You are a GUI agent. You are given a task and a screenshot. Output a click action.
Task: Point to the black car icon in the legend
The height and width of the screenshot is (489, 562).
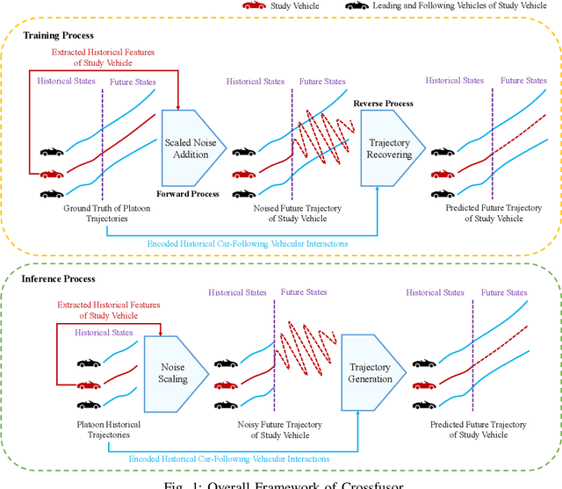pos(357,6)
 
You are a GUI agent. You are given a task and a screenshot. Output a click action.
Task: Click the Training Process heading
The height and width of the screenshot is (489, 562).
pos(58,35)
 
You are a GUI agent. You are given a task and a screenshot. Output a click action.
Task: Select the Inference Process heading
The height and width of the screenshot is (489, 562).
pos(59,279)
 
